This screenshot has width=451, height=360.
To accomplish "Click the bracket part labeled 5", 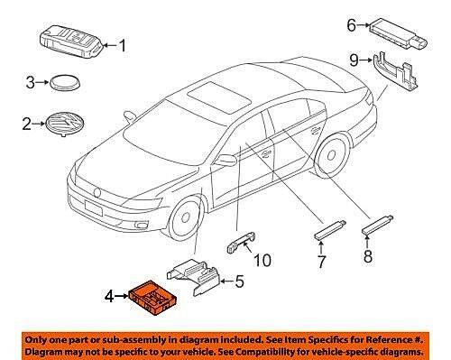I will pyautogui.click(x=198, y=274).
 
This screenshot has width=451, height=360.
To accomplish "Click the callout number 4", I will pyautogui.click(x=110, y=295).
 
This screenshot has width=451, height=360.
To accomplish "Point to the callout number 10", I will pyautogui.click(x=261, y=262).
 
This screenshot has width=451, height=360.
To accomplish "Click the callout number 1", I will pyautogui.click(x=124, y=44).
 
